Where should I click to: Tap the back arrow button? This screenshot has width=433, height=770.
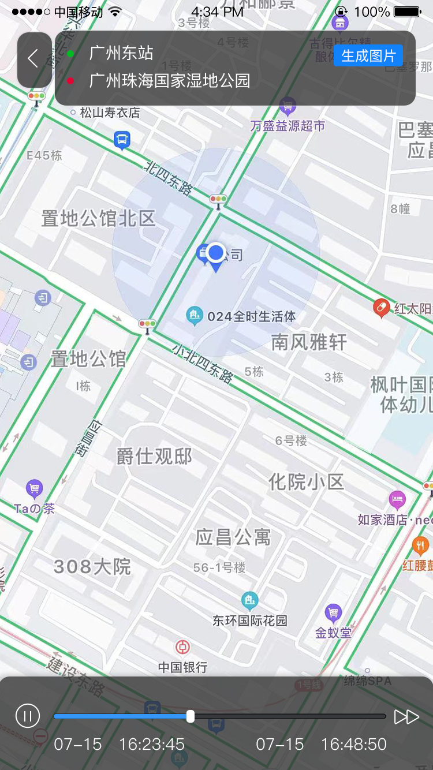pyautogui.click(x=33, y=59)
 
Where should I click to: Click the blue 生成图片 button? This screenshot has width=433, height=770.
pyautogui.click(x=368, y=56)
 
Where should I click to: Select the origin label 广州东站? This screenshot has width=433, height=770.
pyautogui.click(x=121, y=53)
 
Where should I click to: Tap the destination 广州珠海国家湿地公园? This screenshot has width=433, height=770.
pyautogui.click(x=170, y=81)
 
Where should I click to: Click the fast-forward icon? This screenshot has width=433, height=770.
pyautogui.click(x=406, y=716)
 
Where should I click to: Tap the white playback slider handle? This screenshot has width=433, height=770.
pyautogui.click(x=191, y=716)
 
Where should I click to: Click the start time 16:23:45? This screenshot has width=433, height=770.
pyautogui.click(x=152, y=745)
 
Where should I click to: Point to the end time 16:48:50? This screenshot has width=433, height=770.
pyautogui.click(x=354, y=745)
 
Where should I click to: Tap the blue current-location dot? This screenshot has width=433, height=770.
pyautogui.click(x=216, y=252)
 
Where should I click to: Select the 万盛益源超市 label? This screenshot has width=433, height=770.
pyautogui.click(x=288, y=126)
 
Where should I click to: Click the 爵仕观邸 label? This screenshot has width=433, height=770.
pyautogui.click(x=154, y=457)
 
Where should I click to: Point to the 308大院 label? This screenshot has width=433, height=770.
pyautogui.click(x=92, y=567)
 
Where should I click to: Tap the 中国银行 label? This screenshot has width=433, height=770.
pyautogui.click(x=182, y=667)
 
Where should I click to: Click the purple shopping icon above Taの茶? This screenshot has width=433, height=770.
pyautogui.click(x=35, y=489)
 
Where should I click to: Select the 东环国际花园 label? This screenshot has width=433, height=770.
pyautogui.click(x=249, y=621)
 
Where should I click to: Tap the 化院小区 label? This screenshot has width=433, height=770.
pyautogui.click(x=306, y=481)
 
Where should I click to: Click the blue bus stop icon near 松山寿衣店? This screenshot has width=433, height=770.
pyautogui.click(x=122, y=140)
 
